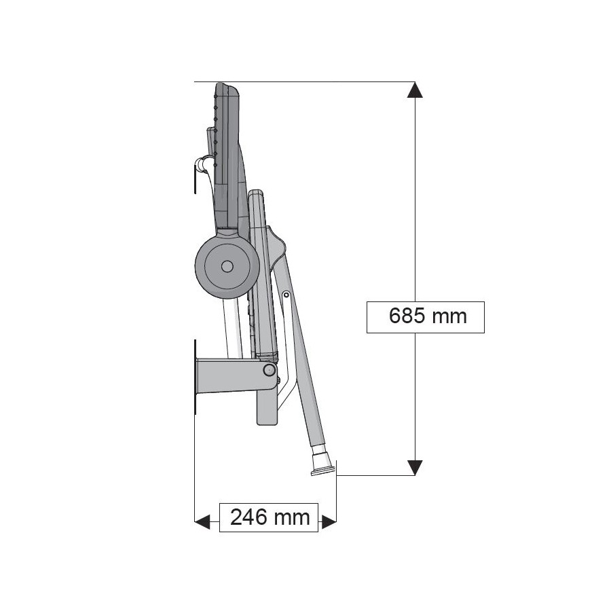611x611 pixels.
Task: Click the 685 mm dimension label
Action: [428, 316]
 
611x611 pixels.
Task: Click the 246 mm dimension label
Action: [270, 517]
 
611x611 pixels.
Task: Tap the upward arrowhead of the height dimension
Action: [415, 90]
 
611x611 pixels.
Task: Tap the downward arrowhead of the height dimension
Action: [415, 468]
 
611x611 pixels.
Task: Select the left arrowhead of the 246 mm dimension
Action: [202, 521]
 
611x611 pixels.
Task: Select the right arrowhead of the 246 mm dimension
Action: [329, 521]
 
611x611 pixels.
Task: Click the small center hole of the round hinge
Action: [227, 267]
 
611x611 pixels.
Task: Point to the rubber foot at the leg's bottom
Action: [322, 462]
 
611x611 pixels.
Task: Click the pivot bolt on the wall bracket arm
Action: [269, 370]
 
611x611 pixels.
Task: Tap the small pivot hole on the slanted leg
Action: [286, 295]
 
